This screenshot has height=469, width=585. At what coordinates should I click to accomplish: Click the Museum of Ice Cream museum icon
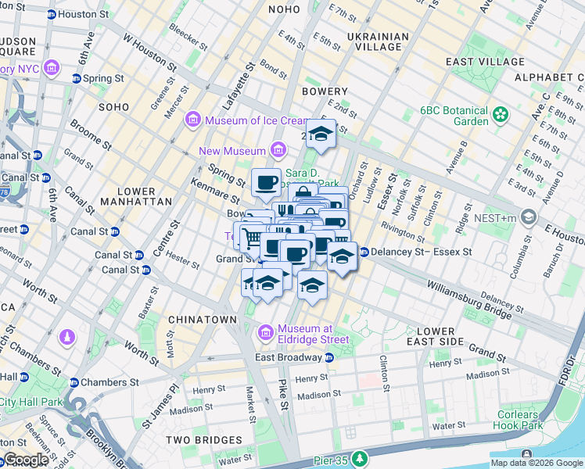[192, 120]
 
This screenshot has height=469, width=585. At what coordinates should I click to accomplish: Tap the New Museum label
[232, 151]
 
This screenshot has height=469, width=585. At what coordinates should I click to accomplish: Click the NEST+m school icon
[529, 216]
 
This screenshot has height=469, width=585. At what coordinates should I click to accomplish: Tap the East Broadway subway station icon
[329, 357]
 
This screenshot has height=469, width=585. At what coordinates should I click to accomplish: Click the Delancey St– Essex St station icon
[364, 252]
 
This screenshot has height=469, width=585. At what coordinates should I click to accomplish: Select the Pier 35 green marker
[359, 458]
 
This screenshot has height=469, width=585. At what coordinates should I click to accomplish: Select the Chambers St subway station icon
[74, 382]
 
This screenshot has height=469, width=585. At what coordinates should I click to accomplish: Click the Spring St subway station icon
[77, 78]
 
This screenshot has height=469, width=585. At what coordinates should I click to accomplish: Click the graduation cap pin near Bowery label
[320, 134]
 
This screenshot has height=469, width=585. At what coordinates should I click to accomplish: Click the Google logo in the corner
[25, 460]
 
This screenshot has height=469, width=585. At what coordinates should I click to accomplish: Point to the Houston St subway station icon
[51, 14]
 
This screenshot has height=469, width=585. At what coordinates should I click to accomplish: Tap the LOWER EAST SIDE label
[436, 337]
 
